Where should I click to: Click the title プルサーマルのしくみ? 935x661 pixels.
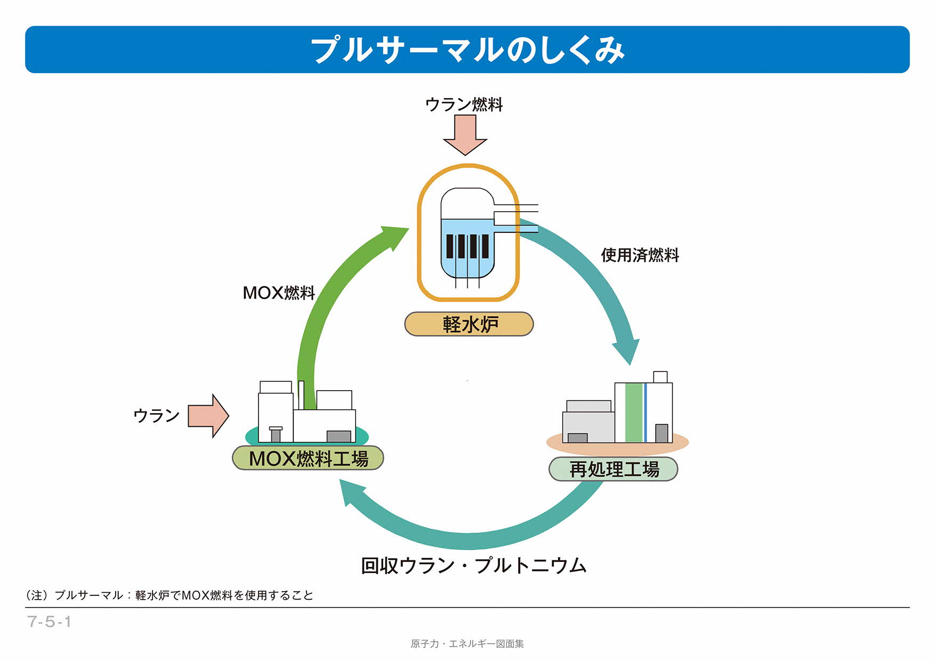point(467,50)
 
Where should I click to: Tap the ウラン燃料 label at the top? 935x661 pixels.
point(464,104)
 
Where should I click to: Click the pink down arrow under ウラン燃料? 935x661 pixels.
point(465,135)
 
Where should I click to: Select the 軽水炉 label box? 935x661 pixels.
point(469,324)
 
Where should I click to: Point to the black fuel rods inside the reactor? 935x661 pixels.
point(467,246)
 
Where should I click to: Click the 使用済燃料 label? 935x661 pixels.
point(640,255)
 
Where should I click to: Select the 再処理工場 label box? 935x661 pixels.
point(613,469)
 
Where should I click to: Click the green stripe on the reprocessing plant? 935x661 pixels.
point(633,413)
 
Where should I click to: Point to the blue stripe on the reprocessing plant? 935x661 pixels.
point(645,413)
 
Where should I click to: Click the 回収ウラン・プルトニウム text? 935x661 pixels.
point(473,566)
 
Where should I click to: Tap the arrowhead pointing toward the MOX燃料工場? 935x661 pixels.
point(352,492)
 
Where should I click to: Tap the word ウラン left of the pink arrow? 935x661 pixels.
point(156,415)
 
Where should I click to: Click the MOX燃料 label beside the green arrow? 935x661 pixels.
point(279,293)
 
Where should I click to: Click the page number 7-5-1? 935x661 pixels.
point(49,622)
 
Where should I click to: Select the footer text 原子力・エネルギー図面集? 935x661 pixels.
point(467,644)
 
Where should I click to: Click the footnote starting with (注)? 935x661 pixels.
point(170,595)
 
